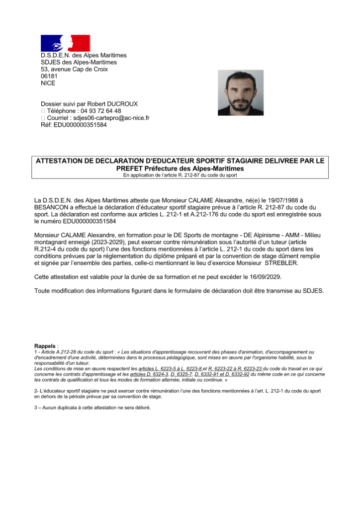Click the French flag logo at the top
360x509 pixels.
[x=65, y=43]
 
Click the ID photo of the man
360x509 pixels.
[x=241, y=92]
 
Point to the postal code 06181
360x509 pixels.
[x=49, y=76]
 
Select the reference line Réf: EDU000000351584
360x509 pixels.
[x=74, y=125]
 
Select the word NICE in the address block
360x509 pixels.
[x=48, y=83]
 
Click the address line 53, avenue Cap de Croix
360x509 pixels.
[x=74, y=69]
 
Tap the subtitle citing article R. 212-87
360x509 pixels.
[x=180, y=175]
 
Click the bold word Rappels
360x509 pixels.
[x=45, y=346]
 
